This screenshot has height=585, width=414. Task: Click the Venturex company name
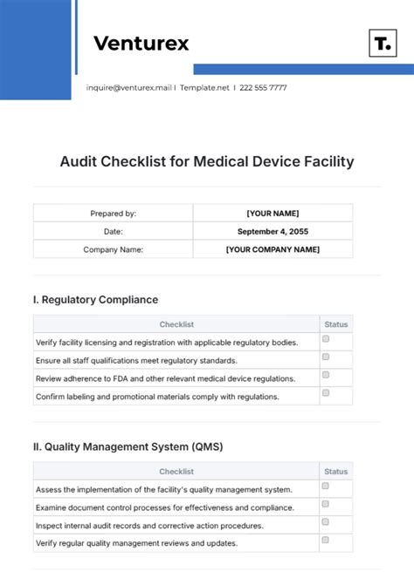pyautogui.click(x=140, y=43)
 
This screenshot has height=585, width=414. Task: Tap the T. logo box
pyautogui.click(x=382, y=44)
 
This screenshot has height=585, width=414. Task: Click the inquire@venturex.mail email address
pyautogui.click(x=129, y=87)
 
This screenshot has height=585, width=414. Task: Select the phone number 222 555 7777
pyautogui.click(x=263, y=87)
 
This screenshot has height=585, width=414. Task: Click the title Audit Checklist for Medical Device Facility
pyautogui.click(x=207, y=161)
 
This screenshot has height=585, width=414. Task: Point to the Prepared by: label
pyautogui.click(x=113, y=213)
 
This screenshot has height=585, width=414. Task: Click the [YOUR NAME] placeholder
pyautogui.click(x=273, y=213)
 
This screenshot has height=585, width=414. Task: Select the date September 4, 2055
pyautogui.click(x=273, y=231)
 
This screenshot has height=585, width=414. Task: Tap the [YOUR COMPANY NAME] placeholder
pyautogui.click(x=273, y=249)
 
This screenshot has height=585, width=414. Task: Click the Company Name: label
pyautogui.click(x=113, y=249)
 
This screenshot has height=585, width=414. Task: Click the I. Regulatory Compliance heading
pyautogui.click(x=95, y=299)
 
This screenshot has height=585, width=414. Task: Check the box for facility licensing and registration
pyautogui.click(x=326, y=339)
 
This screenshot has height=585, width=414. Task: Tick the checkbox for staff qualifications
pyautogui.click(x=326, y=357)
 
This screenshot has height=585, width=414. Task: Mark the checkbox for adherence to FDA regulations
pyautogui.click(x=326, y=375)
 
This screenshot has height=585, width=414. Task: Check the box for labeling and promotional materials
pyautogui.click(x=326, y=393)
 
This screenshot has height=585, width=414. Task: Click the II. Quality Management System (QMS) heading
pyautogui.click(x=128, y=446)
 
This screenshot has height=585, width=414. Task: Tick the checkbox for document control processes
pyautogui.click(x=326, y=504)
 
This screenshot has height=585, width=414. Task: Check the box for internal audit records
pyautogui.click(x=326, y=522)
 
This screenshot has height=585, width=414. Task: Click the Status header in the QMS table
pyautogui.click(x=335, y=472)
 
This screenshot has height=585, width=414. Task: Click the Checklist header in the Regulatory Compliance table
pyautogui.click(x=176, y=324)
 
